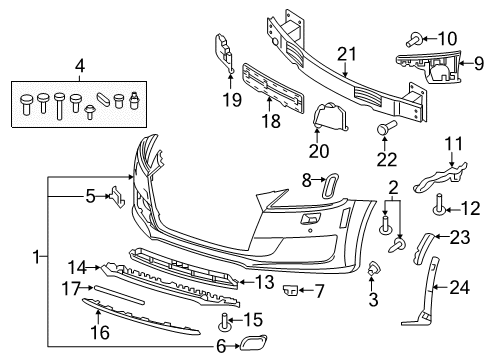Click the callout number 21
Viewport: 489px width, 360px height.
tap(347, 54)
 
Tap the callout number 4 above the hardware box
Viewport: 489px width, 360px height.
tap(80, 66)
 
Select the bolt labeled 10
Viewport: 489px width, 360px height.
tap(414, 40)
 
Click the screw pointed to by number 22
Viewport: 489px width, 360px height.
tap(387, 127)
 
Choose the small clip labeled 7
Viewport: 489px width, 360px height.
tap(290, 290)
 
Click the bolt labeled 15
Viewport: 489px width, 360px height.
tap(225, 322)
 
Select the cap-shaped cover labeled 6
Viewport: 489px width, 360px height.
tap(253, 342)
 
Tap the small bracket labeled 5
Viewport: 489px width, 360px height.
tap(117, 197)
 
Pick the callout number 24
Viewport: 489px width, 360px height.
tap(459, 288)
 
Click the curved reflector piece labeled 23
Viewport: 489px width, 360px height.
tap(423, 248)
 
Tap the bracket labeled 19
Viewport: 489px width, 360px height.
tap(223, 53)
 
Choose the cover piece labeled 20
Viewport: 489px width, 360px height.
tap(330, 116)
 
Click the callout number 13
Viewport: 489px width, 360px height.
tap(264, 282)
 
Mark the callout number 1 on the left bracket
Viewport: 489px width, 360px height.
tap(36, 257)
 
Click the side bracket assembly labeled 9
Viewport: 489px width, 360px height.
tap(428, 68)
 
